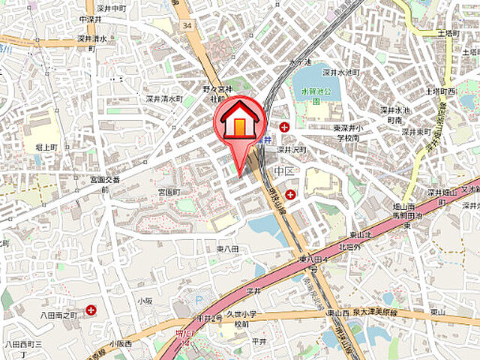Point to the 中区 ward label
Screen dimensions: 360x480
click(x=283, y=172)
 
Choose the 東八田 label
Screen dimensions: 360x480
click(x=227, y=248)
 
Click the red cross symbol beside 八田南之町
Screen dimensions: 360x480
click(x=91, y=308)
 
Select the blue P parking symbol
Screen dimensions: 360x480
click(x=199, y=301)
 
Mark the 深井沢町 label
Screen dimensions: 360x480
click(x=289, y=149)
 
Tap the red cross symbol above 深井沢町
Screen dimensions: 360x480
click(x=284, y=127)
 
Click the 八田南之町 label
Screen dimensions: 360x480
click(x=60, y=316)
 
